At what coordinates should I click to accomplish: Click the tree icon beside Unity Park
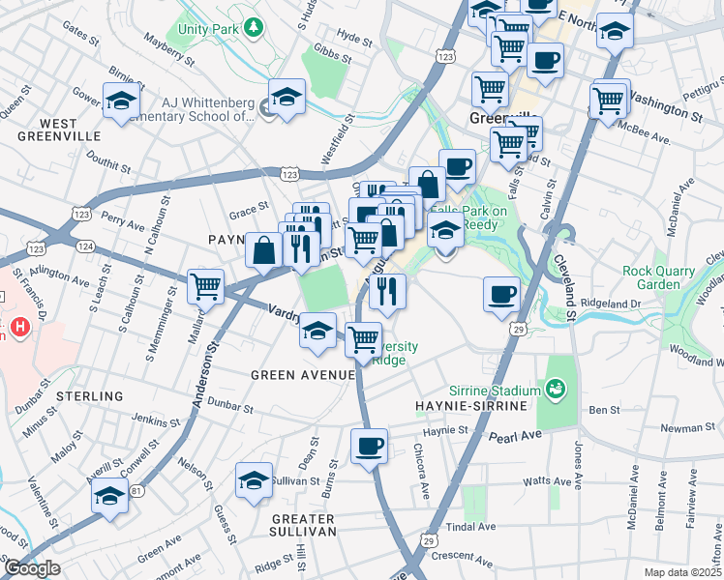click(x=253, y=27)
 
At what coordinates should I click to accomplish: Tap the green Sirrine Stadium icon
click(x=555, y=390)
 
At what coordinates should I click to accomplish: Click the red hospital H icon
click(x=17, y=330)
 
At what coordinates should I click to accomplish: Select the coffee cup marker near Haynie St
click(x=369, y=447)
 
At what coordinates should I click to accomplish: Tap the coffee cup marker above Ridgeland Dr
click(x=502, y=293)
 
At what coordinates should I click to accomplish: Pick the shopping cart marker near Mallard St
click(x=205, y=286)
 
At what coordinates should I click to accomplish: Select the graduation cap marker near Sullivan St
click(x=254, y=480)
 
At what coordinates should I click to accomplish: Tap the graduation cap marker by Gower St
click(x=122, y=101)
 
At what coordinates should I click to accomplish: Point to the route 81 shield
click(x=137, y=491)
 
